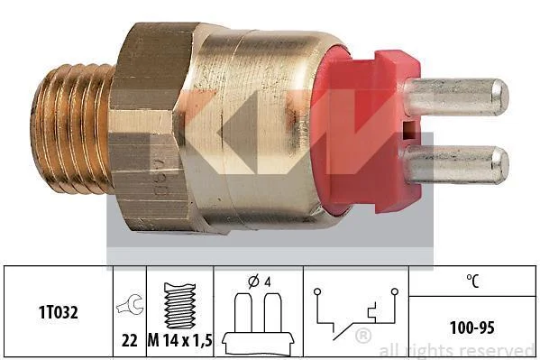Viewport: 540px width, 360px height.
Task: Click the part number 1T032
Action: (59, 313)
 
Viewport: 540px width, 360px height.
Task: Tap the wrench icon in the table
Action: (130, 305)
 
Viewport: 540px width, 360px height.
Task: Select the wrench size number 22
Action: (130, 341)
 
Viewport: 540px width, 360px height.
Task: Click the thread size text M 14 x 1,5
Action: (179, 341)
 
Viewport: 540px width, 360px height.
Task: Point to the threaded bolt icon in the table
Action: (179, 306)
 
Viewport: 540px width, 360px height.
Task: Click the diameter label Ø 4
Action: (260, 282)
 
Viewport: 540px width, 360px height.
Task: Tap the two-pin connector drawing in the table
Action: (258, 324)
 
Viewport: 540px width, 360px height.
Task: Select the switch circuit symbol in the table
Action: (356, 314)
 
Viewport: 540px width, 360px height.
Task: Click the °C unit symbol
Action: (472, 281)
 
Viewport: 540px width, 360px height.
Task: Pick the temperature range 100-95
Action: (472, 328)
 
